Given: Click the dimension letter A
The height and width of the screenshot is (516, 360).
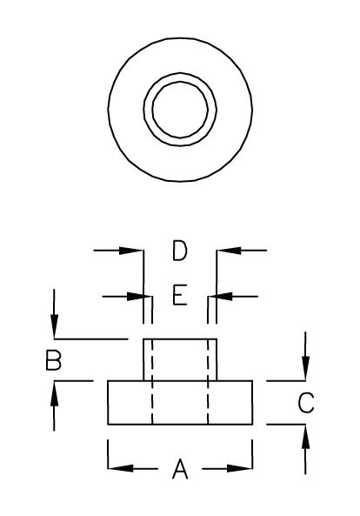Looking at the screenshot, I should pos(180,470).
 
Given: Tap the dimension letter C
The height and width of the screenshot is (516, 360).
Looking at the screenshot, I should pos(305,403).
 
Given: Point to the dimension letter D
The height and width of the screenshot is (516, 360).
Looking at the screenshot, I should pos(179,252).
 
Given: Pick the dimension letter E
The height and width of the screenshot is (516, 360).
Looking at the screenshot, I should pos(179,297).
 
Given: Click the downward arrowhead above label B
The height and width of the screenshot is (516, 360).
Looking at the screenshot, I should pos(55,330).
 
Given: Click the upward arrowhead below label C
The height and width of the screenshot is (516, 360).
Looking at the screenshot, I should pos(304,432).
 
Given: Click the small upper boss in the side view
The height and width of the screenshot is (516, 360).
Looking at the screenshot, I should pos(180,359).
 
